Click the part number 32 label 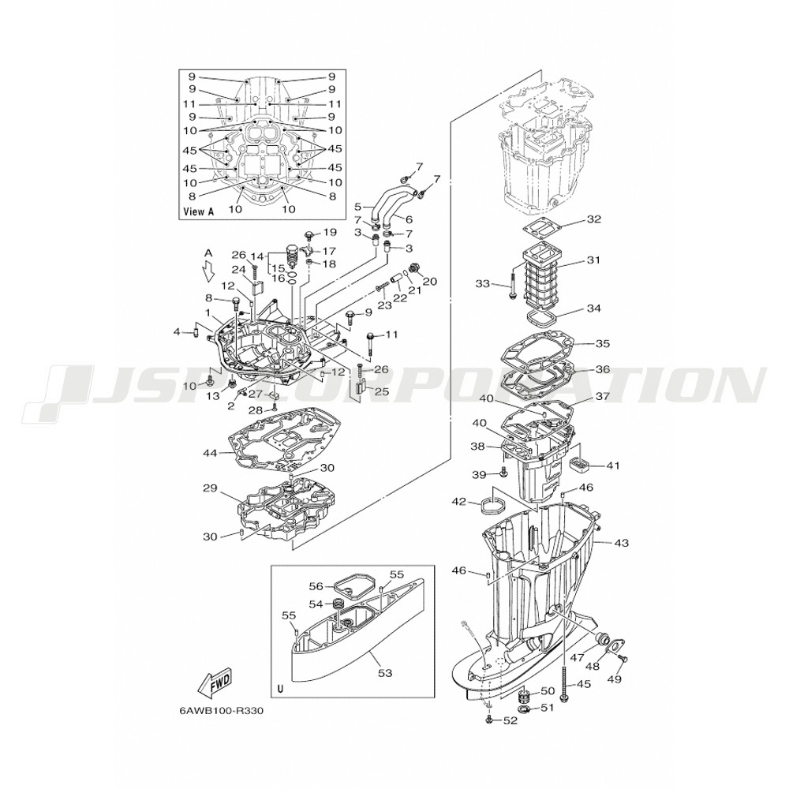[x=594, y=219]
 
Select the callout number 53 [x=384, y=672]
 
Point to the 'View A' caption [x=198, y=211]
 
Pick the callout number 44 [x=209, y=453]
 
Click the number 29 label [x=209, y=489]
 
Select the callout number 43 [x=622, y=544]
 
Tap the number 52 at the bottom [x=510, y=720]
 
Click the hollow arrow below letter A [x=208, y=272]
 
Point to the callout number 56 [x=316, y=586]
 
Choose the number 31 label [x=594, y=260]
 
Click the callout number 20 [x=430, y=282]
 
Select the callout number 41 [x=613, y=466]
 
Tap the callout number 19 [x=330, y=232]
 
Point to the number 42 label [x=458, y=502]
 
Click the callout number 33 [x=482, y=282]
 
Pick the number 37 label [x=602, y=397]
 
